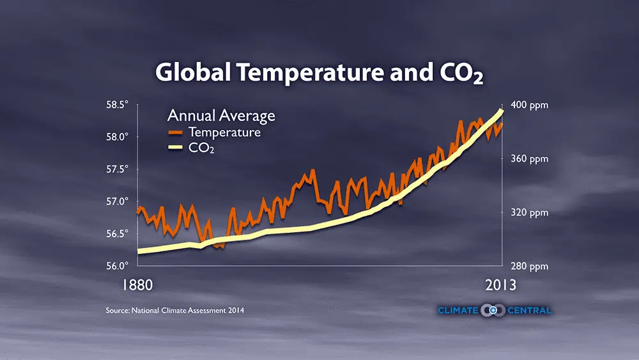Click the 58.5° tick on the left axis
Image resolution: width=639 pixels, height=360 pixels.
click(118, 104)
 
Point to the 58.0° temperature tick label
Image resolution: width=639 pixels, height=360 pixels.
click(118, 137)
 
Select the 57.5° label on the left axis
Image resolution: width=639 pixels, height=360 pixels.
click(118, 169)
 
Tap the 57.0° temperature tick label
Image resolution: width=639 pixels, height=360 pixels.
click(118, 201)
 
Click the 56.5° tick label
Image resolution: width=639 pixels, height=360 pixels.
click(118, 233)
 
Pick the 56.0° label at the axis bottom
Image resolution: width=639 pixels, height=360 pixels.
click(118, 265)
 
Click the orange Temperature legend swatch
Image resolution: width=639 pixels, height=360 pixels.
click(175, 132)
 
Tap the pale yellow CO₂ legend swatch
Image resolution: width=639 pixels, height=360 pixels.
click(175, 149)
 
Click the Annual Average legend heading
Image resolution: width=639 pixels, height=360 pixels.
click(221, 116)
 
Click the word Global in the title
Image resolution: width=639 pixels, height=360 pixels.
click(194, 73)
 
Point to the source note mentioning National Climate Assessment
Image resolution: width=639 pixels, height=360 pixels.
click(175, 310)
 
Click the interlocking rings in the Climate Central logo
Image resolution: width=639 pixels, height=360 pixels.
click(494, 310)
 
